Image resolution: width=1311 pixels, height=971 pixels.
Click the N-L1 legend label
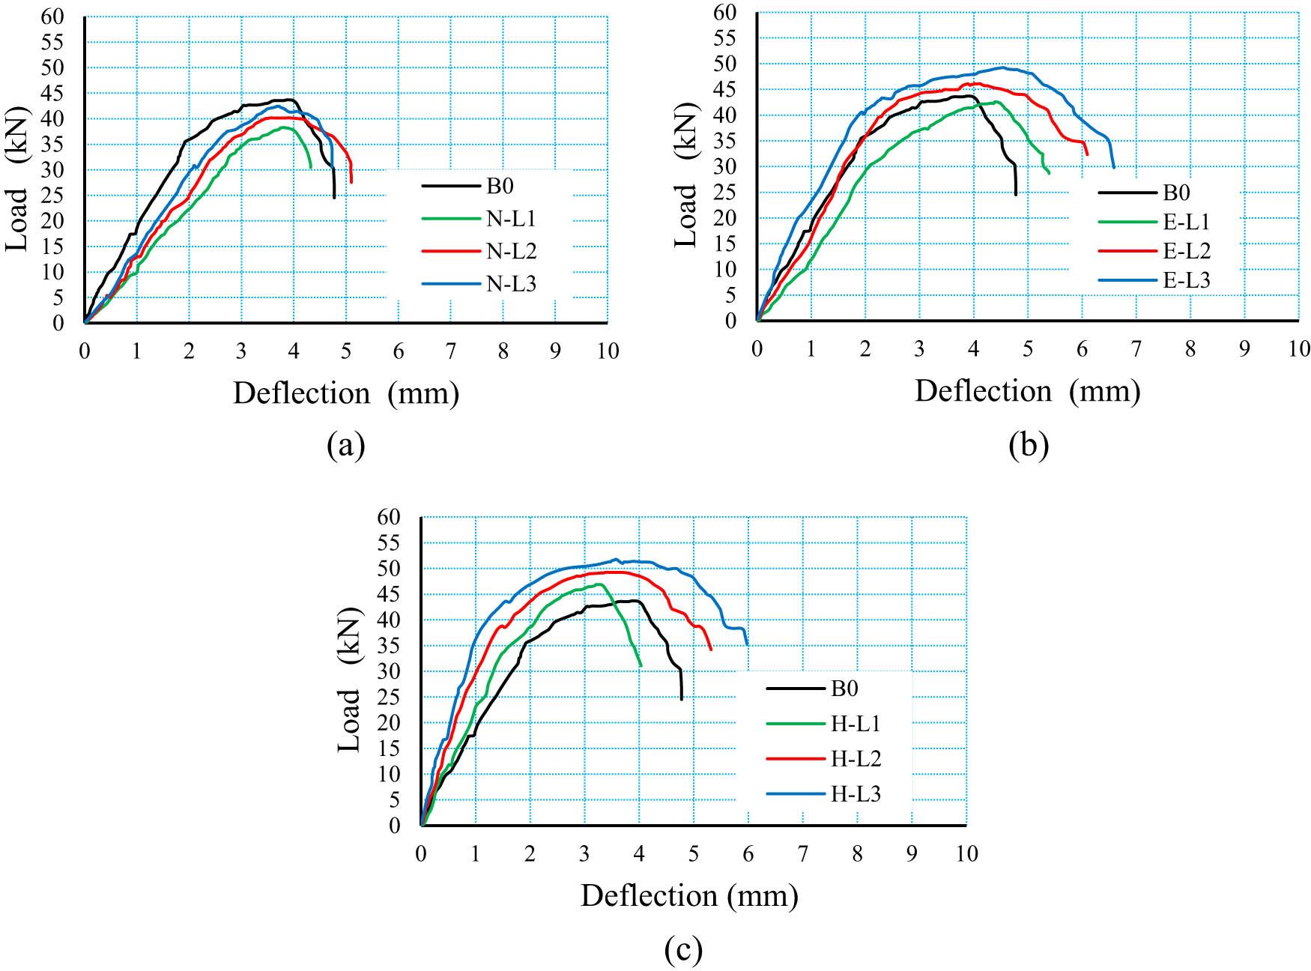[x=512, y=219]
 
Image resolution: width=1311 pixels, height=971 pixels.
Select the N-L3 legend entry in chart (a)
[x=512, y=284]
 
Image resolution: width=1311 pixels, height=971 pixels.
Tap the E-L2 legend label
[x=1187, y=251]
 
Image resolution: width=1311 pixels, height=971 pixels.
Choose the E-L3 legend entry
[x=1187, y=280]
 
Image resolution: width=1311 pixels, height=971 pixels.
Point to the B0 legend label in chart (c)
[x=844, y=689]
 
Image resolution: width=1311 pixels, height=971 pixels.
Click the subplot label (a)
[x=346, y=445]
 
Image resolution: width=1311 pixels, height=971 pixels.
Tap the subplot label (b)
[x=1029, y=445]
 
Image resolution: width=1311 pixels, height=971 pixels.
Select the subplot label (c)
[x=683, y=950]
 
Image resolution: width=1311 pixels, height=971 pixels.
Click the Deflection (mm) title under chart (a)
[x=345, y=393]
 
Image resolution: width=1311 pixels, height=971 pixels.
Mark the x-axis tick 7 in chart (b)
[x=1136, y=349]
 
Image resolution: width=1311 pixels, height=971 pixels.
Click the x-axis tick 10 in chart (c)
[x=967, y=853]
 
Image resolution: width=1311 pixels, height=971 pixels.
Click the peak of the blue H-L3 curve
[x=616, y=559]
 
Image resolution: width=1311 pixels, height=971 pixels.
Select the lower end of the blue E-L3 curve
[x=1114, y=167]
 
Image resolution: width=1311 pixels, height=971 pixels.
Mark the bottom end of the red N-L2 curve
[x=351, y=182]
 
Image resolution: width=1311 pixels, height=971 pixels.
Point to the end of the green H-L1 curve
[x=641, y=665]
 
